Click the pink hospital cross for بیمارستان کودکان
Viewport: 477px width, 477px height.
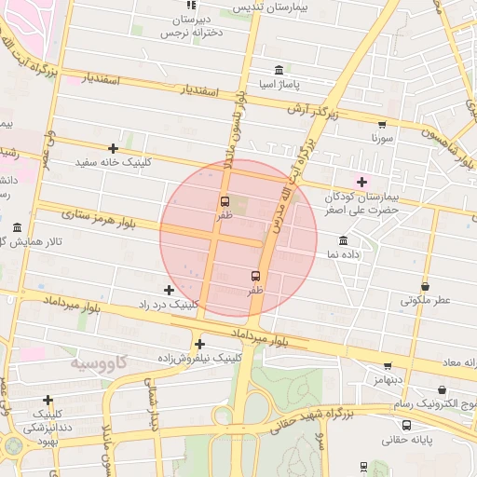pyautogui.click(x=361, y=181)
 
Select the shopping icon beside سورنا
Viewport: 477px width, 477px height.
pyautogui.click(x=382, y=124)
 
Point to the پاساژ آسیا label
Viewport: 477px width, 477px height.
pyautogui.click(x=280, y=85)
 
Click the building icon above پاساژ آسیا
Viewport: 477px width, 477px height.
pyautogui.click(x=279, y=70)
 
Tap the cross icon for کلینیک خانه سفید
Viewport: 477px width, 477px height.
pyautogui.click(x=113, y=148)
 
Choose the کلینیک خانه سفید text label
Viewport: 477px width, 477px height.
pyautogui.click(x=113, y=162)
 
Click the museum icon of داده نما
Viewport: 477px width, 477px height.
pyautogui.click(x=344, y=240)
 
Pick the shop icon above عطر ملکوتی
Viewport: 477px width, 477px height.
pyautogui.click(x=426, y=286)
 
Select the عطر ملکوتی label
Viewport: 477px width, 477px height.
pyautogui.click(x=426, y=300)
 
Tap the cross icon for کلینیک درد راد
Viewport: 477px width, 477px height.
pyautogui.click(x=169, y=291)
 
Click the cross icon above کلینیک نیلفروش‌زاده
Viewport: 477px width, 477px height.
pyautogui.click(x=199, y=344)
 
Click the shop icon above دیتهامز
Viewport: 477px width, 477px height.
pyautogui.click(x=388, y=366)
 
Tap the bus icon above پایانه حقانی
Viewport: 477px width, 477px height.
pyautogui.click(x=406, y=425)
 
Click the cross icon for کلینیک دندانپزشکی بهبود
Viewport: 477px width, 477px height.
pyautogui.click(x=48, y=400)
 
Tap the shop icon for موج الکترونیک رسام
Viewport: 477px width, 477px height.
pyautogui.click(x=442, y=390)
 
